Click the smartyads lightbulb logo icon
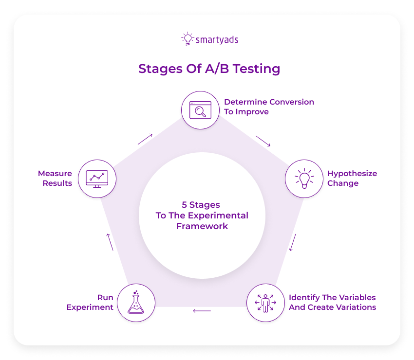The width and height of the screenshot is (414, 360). coord(187,39)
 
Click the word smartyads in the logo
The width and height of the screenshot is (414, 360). coord(217,39)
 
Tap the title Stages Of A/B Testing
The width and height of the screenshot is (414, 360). coord(209,69)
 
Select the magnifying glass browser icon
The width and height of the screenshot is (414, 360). coord(200,110)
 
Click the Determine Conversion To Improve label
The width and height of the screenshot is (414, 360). coord(269,107)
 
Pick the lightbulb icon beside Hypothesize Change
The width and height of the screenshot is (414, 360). coord(303,178)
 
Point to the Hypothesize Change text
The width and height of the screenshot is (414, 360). coord(352,179)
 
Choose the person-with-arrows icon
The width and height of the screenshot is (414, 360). coord(265,303)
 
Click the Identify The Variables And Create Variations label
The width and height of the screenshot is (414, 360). coord(332,302)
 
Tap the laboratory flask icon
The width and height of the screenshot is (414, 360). coord(136,303)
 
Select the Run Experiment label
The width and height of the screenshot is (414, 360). coord(90,302)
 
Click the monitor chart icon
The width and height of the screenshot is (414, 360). coord(96,178)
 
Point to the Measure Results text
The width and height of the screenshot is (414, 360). coord(55,178)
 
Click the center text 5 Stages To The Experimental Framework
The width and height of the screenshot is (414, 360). coord(202,216)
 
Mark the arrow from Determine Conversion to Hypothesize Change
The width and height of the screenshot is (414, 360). coord(263,141)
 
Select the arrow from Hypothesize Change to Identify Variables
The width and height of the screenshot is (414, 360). coord(293,243)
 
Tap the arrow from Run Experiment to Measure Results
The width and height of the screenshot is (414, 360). coord(110,242)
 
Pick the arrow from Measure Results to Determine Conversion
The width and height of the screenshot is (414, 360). coord(145,139)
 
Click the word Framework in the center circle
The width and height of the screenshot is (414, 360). coord(202,226)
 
